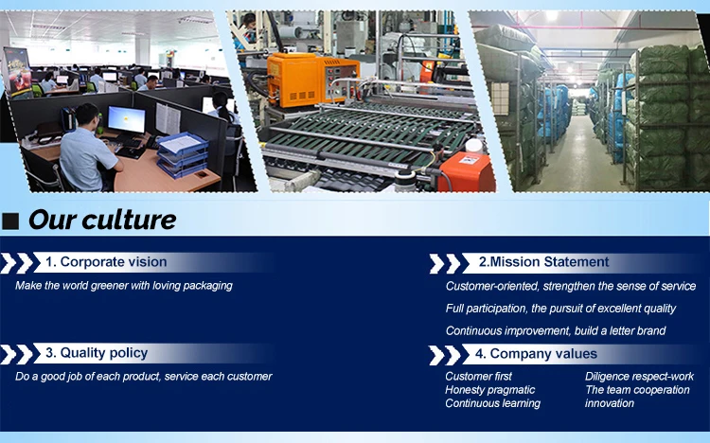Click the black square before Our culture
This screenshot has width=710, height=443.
(10, 221)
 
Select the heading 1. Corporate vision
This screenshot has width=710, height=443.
(106, 262)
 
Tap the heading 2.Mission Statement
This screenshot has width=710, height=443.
(543, 262)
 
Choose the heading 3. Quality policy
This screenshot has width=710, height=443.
(97, 353)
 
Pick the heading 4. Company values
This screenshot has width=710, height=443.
(536, 354)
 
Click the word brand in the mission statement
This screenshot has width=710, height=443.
(652, 330)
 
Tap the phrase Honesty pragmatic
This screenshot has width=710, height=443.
(490, 390)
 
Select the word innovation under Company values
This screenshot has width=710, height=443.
(609, 403)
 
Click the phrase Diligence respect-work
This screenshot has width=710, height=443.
(639, 377)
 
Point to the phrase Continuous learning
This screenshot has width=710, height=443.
(492, 403)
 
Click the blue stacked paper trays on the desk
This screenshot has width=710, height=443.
(182, 154)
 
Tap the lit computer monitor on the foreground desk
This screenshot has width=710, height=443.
(126, 120)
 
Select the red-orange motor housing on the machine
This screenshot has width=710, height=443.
(466, 171)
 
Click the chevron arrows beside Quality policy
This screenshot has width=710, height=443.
(17, 354)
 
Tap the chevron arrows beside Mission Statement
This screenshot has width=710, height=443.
(445, 264)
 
